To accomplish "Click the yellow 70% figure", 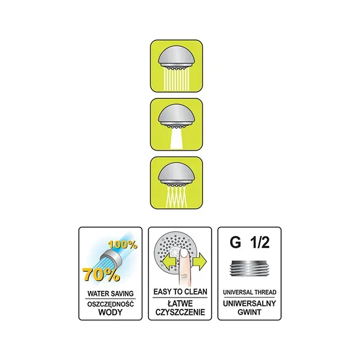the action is point(101,274).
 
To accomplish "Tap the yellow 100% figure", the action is point(123,245).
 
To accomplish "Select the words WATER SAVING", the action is point(110,294).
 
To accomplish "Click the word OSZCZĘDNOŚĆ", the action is point(110,304).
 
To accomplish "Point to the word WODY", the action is point(110,312).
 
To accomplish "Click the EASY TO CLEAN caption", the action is point(180,292).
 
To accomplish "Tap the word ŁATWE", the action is point(180,304).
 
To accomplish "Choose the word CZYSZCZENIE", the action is point(180,312).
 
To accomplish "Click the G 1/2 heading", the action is point(250,242).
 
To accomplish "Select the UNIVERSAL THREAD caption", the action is point(250,292).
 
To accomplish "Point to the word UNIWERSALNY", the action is point(249,304).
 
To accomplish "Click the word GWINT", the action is point(249,312).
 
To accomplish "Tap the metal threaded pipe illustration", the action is point(250,268).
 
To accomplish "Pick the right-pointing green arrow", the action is point(200,261).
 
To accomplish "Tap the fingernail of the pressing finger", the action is point(184,254).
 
